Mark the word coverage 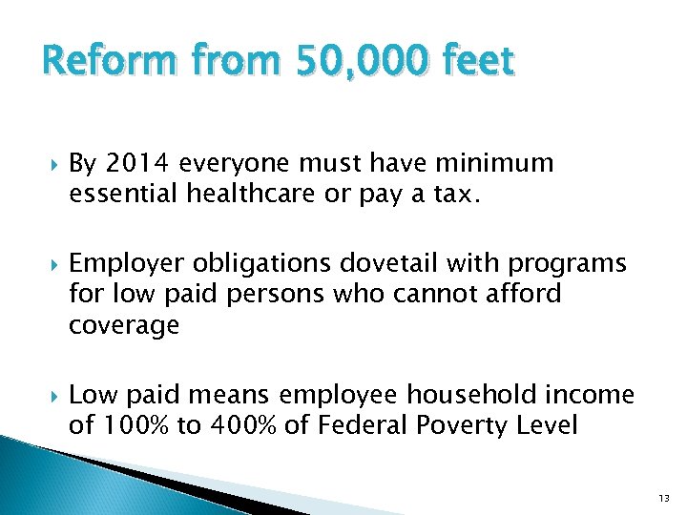pos(124,325)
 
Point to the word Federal pos(364,424)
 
